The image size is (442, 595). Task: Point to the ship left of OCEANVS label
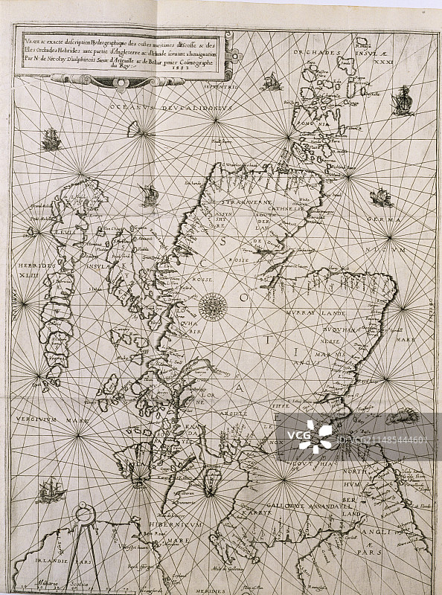51,138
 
